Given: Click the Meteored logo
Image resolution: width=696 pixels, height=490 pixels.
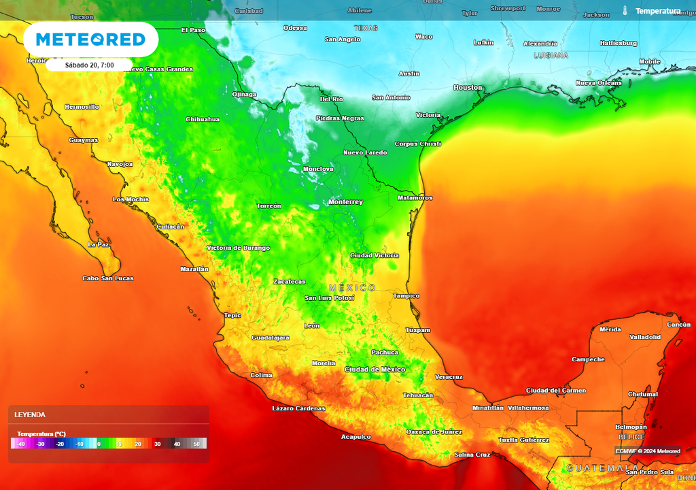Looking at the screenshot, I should pos(90,39).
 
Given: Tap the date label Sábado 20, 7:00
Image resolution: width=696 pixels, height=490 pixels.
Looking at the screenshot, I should pos(89,65).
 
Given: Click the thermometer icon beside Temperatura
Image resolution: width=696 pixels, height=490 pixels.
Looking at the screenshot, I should pos(625,11).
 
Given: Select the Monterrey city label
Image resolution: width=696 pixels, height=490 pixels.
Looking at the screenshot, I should pos(345,202).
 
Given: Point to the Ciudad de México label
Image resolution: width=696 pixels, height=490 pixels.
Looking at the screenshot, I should pos(375,370).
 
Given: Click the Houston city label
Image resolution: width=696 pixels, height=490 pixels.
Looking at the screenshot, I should pos(468,88).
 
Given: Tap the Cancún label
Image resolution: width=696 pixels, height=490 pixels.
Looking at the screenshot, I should pos(679,325).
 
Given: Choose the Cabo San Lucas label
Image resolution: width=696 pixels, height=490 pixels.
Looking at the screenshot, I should pos(108,278).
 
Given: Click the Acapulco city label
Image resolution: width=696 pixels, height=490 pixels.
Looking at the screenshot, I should pos(355,437).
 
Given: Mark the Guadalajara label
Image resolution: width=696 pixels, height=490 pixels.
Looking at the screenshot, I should pos(271,338).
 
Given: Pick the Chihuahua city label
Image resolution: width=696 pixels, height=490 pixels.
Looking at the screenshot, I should pos(203,119).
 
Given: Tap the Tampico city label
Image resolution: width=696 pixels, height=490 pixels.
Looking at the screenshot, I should pos(406,296).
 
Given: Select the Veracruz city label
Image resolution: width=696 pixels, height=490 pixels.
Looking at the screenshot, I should pos(449,376).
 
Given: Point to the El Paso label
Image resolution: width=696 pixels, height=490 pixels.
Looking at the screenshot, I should pos(193,30).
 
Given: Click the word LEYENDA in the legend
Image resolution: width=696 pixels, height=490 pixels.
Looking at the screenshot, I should pos(30,414).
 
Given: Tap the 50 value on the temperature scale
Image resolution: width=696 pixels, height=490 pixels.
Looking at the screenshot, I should pos(197,444).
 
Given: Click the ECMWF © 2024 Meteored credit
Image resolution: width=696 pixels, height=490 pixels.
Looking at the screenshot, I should pos(648,451).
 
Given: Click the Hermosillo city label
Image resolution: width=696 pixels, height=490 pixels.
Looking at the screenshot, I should pos(82,107).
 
